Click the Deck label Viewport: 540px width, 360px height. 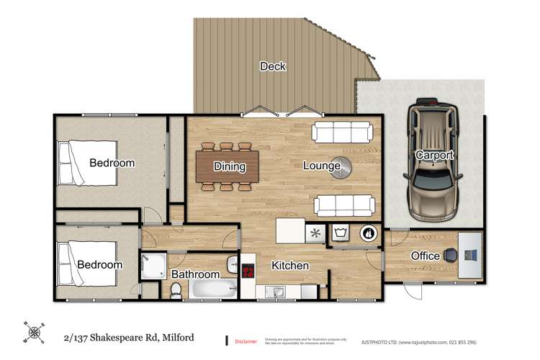coord(273,67)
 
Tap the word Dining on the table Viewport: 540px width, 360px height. coord(230,166)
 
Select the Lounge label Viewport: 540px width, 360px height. coord(320,166)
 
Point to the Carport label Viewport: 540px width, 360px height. coord(434,155)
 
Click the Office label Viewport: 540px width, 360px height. coord(425,256)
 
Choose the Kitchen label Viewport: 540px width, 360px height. coord(290,266)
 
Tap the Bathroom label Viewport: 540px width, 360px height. coord(195,274)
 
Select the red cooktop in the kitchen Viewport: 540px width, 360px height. coord(248,271)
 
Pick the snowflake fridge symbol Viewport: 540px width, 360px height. coord(314,233)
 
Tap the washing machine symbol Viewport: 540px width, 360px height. coord(341,233)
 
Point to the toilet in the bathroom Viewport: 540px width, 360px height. coord(176,289)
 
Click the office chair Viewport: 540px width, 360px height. coord(450,254)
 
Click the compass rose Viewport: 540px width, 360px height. coord(32,332)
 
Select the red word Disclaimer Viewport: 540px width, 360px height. coord(246,341)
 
